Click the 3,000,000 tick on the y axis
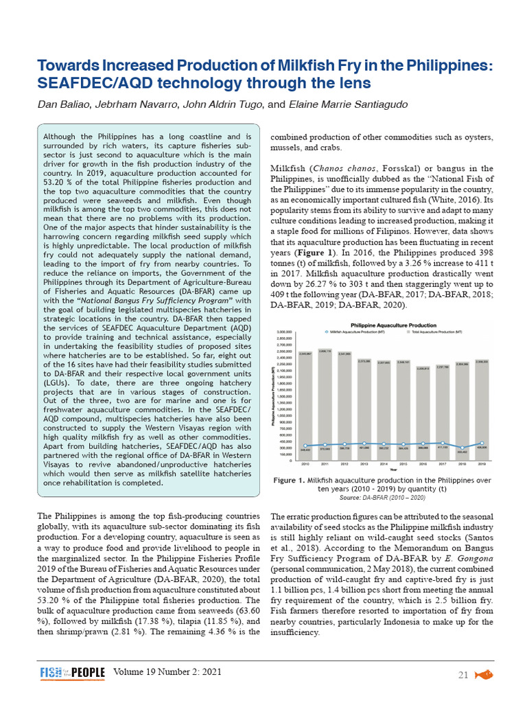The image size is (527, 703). tap(286, 332)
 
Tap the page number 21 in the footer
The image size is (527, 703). tap(463, 676)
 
